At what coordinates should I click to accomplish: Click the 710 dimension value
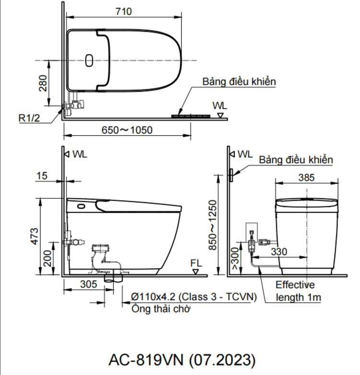[x=123, y=12]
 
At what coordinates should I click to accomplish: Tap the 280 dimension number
[x=43, y=83]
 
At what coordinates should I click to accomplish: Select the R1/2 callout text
[x=29, y=118]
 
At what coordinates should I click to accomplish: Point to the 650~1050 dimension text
[x=127, y=130]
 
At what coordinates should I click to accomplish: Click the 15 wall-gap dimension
[x=42, y=176]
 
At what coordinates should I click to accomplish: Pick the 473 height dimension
[x=35, y=236]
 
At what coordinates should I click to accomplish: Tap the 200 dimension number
[x=48, y=258]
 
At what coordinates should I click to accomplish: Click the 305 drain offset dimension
[x=89, y=284]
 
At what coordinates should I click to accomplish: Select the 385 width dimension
[x=306, y=178]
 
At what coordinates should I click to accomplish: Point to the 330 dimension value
[x=279, y=252]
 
